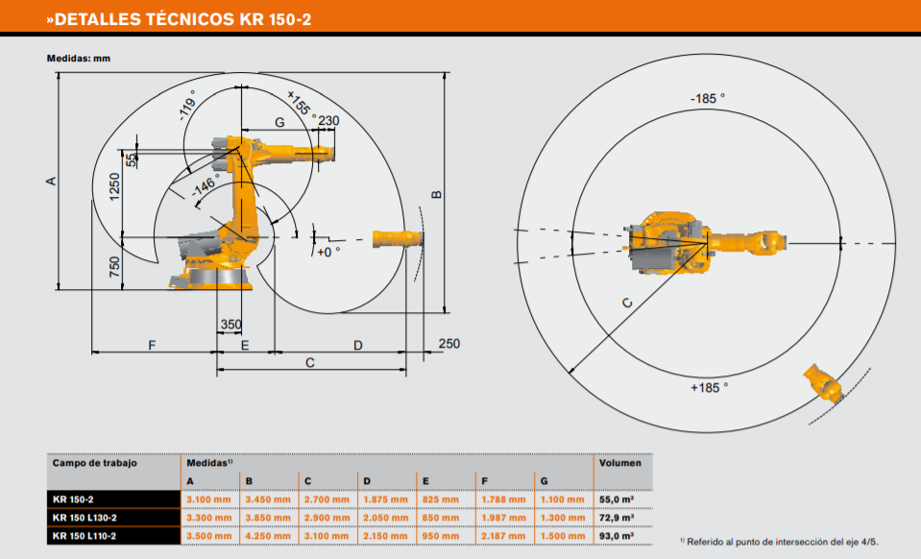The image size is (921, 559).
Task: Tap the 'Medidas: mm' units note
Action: point(79,59)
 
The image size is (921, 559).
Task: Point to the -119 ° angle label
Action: point(188,105)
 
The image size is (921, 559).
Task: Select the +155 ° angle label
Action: point(302,105)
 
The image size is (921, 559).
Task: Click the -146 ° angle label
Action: point(205,185)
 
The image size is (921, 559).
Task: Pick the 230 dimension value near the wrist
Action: point(328,121)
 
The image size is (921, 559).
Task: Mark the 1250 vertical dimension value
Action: point(114,186)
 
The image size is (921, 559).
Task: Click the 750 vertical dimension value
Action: point(114,267)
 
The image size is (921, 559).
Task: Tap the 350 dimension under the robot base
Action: point(230,324)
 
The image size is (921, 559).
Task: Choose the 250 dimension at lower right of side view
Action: point(449,344)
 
